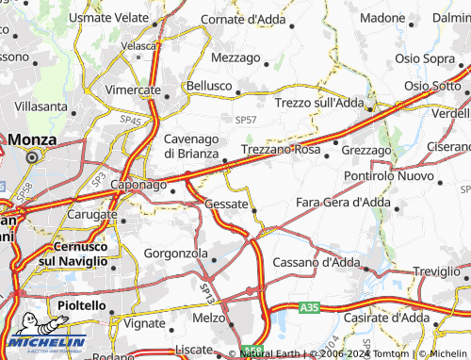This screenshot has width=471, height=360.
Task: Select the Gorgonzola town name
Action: click(178, 254)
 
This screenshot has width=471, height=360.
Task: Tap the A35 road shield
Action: click(310, 307)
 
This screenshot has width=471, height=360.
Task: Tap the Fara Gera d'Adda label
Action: click(342, 203)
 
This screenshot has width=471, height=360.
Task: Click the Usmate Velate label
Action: click(109, 19)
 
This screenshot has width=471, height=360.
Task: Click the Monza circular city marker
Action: click(31, 157)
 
